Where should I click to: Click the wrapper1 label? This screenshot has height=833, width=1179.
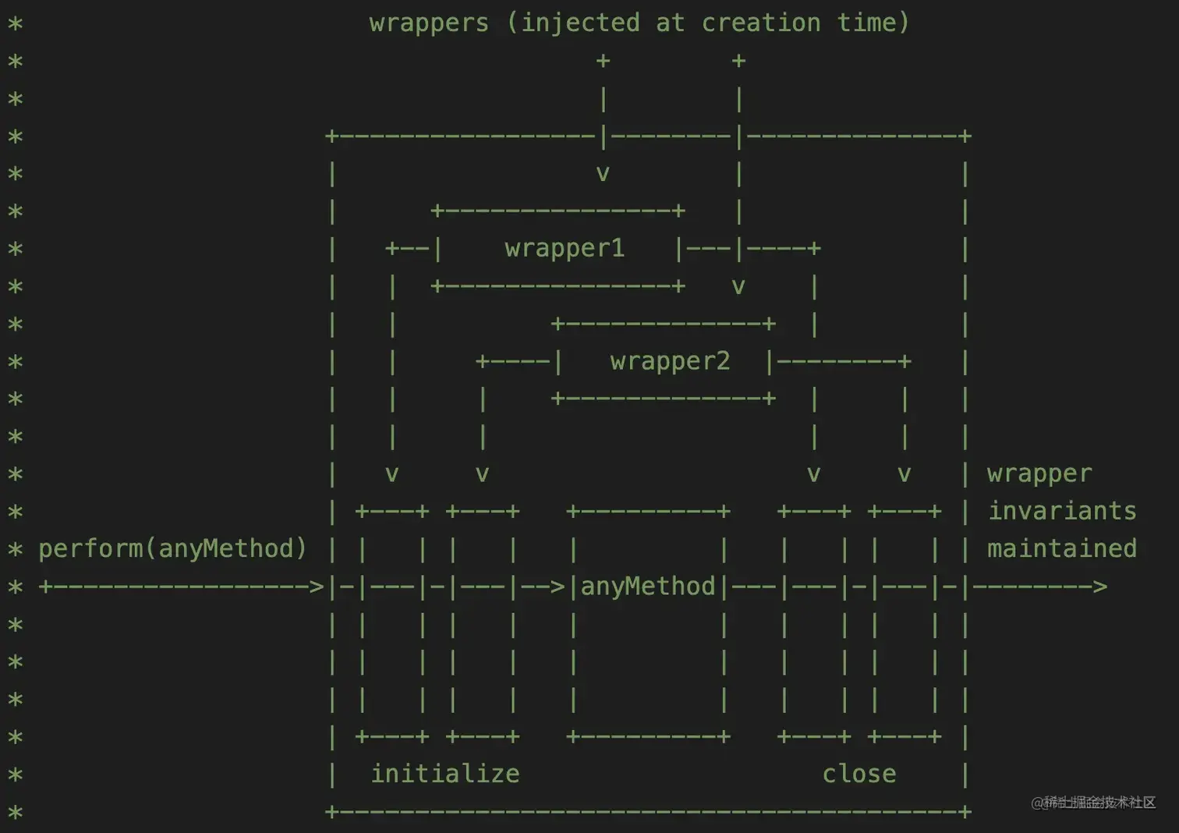(565, 248)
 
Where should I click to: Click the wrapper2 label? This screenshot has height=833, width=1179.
(670, 361)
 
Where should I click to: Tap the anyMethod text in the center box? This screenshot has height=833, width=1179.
(647, 586)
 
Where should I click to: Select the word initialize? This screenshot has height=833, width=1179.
(444, 774)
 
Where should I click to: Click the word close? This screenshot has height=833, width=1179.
(859, 774)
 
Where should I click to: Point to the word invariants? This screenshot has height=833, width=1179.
(1062, 511)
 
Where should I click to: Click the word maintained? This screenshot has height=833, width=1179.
(1062, 548)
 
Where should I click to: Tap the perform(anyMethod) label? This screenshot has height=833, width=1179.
(172, 548)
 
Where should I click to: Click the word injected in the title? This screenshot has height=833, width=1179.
(580, 23)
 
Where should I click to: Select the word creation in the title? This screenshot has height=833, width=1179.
(761, 23)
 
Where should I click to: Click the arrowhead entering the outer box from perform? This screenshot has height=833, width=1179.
(316, 587)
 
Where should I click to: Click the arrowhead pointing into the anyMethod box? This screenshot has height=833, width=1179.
(557, 587)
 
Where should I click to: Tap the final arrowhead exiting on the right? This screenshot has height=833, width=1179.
(1099, 587)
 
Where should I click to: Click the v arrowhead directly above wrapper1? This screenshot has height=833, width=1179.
(603, 173)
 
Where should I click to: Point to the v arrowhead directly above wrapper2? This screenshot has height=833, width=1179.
(738, 286)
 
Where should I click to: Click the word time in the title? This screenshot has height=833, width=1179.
(866, 23)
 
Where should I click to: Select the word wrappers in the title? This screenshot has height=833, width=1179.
(429, 23)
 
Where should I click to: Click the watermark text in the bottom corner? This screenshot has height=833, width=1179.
(1093, 803)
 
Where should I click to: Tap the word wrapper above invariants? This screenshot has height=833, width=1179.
(1039, 473)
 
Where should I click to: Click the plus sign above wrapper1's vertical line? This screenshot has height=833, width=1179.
(603, 61)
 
